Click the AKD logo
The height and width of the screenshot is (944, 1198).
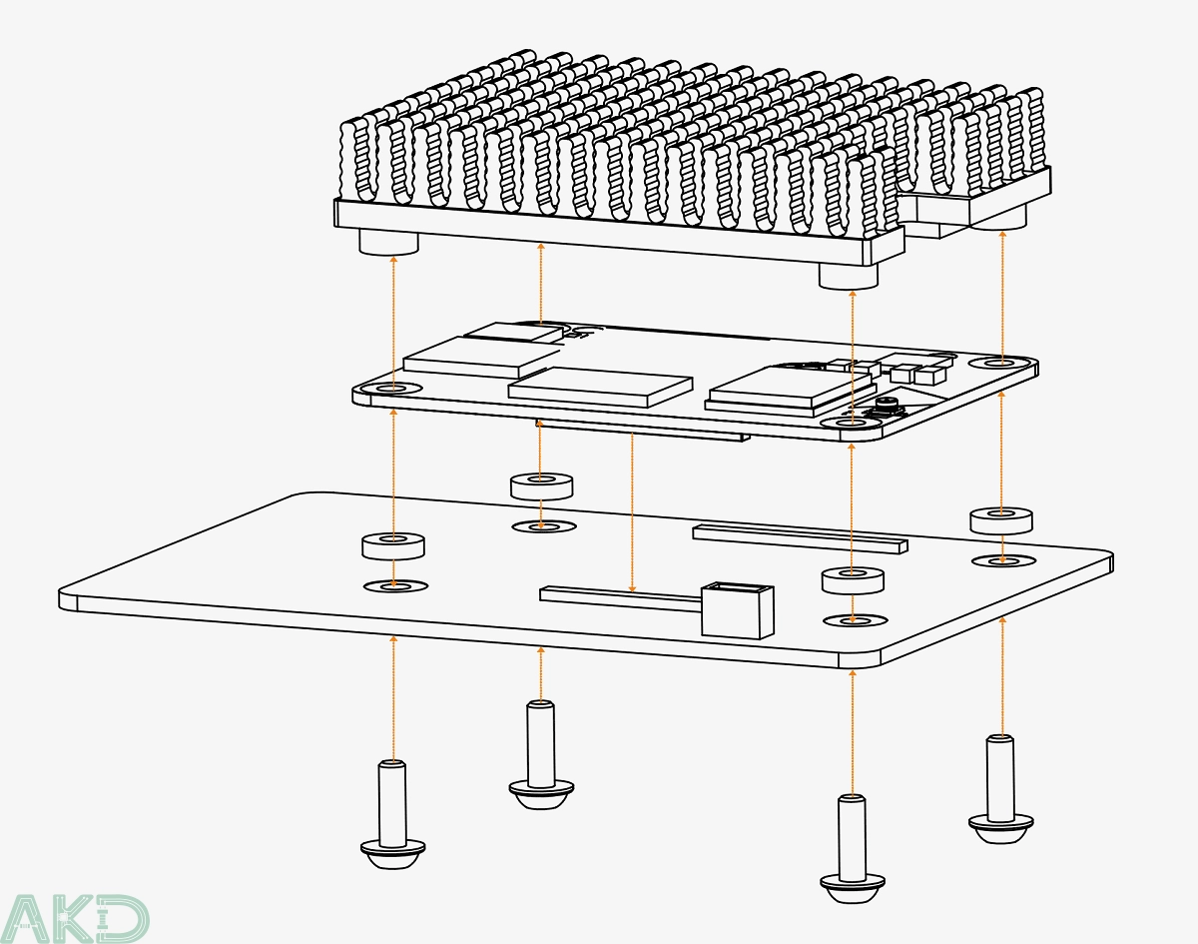[76, 917]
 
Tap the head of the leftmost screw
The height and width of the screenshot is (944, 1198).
[393, 852]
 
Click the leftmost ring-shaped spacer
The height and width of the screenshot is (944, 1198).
[393, 545]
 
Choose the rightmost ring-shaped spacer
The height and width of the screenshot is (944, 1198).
[1001, 519]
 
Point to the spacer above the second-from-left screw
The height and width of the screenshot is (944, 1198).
[541, 485]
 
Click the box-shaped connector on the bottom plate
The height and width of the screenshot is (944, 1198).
[738, 608]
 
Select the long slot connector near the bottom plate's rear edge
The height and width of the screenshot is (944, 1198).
[801, 538]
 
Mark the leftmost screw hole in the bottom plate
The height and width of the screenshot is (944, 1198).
[394, 585]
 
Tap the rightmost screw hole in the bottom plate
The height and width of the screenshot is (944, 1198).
[1002, 560]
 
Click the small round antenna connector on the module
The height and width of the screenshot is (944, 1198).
[887, 405]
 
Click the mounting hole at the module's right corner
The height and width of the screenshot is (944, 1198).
[1001, 363]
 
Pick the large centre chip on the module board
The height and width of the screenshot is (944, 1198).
[600, 385]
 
